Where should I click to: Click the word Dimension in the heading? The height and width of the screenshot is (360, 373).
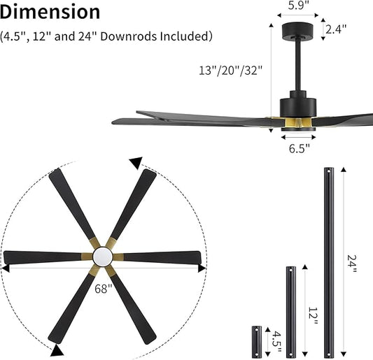pos(50,12)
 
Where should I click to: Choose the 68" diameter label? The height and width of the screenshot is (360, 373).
pos(104,288)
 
